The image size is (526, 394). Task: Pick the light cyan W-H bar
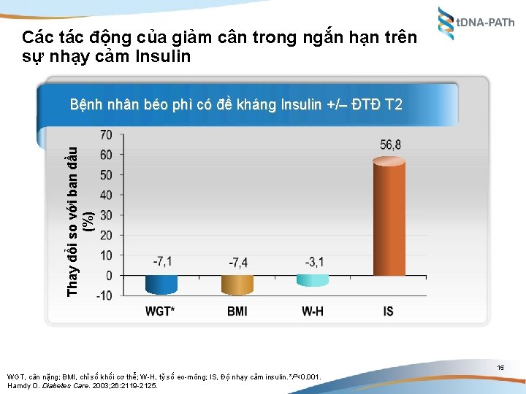313,279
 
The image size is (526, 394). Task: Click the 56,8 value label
390,144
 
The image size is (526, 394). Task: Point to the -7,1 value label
163,261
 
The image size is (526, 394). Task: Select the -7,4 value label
238,262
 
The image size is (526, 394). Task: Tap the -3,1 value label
313,261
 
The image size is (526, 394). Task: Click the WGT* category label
162,312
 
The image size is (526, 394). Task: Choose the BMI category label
237,312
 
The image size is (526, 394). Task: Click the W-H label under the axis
313,312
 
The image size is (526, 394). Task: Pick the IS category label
388,312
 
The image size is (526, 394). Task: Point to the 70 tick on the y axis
106,135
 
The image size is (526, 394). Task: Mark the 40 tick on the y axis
106,195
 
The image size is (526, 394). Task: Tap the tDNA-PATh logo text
486,23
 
